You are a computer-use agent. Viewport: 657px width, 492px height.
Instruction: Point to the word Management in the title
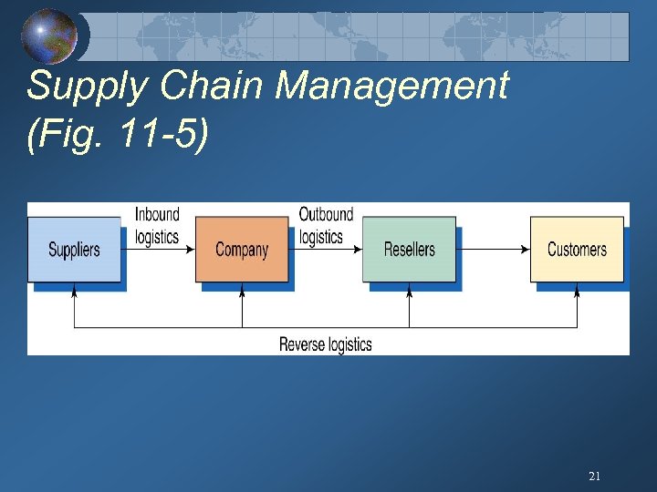tap(391, 87)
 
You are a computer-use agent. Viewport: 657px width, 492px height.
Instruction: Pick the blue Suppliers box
tap(74, 249)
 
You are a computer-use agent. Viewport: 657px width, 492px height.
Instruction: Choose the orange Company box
tap(242, 249)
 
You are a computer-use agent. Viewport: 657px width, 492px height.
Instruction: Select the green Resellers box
tap(409, 249)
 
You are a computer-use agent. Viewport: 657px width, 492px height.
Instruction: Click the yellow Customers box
tap(577, 249)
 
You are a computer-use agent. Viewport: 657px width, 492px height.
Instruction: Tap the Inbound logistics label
tap(157, 225)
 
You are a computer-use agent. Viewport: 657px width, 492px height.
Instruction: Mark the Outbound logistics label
tap(325, 225)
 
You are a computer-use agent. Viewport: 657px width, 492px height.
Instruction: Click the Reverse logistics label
tap(325, 343)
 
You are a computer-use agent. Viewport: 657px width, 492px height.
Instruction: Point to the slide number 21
tap(594, 476)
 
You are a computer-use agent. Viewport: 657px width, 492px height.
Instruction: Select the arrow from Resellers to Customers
tap(493, 249)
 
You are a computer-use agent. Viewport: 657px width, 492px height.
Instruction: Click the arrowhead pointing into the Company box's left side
tap(191, 249)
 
